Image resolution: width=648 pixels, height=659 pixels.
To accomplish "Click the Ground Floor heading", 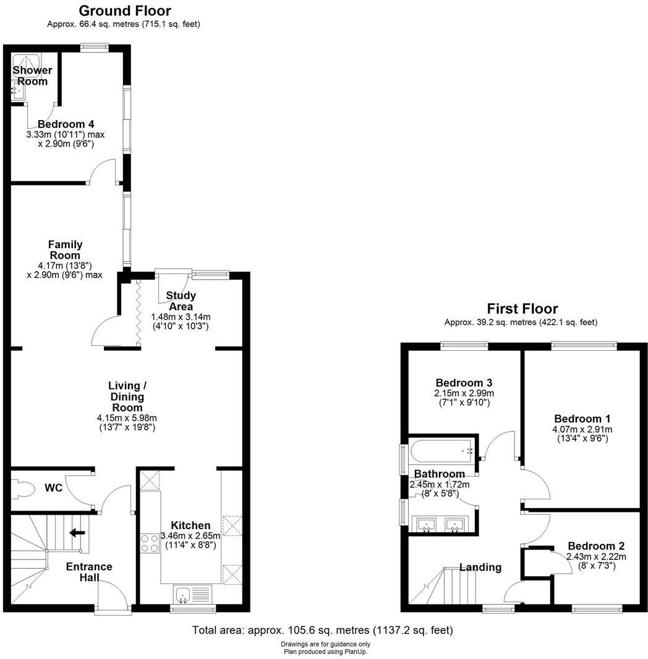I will pyautogui.click(x=125, y=11).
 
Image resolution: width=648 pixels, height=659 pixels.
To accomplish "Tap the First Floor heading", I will pyautogui.click(x=522, y=309).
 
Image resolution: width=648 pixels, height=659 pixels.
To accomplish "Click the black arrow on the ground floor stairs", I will pyautogui.click(x=77, y=532).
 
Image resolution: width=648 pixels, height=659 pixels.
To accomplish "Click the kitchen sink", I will pyautogui.click(x=184, y=595).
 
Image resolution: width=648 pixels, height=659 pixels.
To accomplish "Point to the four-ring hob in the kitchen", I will pyautogui.click(x=150, y=543).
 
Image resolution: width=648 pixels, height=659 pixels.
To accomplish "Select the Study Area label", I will pyautogui.click(x=181, y=301).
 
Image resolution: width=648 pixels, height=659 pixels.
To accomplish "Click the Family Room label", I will pyautogui.click(x=65, y=250).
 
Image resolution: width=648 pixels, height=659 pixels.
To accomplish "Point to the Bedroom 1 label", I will pyautogui.click(x=578, y=418).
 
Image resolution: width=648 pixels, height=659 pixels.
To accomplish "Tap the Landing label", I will pyautogui.click(x=480, y=567).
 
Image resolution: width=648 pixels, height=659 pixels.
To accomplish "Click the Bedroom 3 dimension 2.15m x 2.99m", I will pyautogui.click(x=464, y=393).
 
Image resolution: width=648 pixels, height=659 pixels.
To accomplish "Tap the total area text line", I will pyautogui.click(x=323, y=631).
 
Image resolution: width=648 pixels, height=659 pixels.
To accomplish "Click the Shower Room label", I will pyautogui.click(x=33, y=75).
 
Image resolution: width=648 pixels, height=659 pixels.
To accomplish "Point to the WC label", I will pyautogui.click(x=54, y=488).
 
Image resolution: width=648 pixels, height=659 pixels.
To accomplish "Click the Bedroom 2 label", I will pyautogui.click(x=596, y=546).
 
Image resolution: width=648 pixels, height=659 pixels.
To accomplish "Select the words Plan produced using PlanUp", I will pyautogui.click(x=323, y=651).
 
